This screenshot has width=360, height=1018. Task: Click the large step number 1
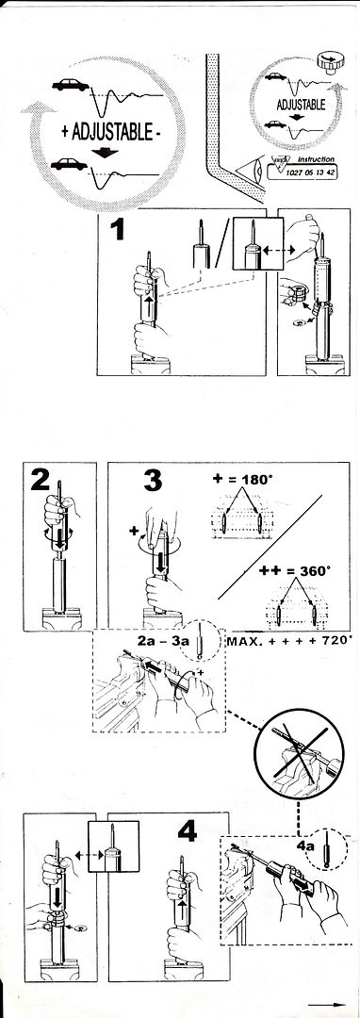[118, 230]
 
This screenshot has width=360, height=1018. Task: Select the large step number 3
[153, 481]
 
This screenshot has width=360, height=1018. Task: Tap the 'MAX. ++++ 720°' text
[290, 641]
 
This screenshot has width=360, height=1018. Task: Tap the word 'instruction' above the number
[316, 159]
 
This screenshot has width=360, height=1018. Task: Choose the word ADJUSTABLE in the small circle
[301, 105]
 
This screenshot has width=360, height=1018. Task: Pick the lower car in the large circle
[70, 164]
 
